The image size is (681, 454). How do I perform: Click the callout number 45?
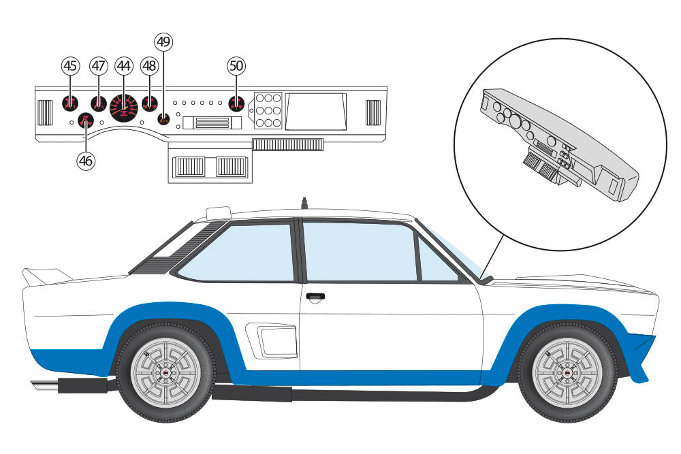(x=70, y=65)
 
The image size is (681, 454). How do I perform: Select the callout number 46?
(x=85, y=161)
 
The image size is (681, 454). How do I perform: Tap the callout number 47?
(x=99, y=65)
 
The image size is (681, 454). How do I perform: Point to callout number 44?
(x=123, y=65)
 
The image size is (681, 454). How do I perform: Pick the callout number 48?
(x=149, y=65)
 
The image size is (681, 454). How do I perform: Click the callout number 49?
(x=163, y=42)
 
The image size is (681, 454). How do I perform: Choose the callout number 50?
(x=236, y=65)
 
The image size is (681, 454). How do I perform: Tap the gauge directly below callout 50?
(x=236, y=104)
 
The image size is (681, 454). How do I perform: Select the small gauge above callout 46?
(x=85, y=121)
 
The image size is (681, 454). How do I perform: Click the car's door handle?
(x=315, y=297)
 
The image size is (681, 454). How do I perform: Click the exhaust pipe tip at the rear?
(x=43, y=386)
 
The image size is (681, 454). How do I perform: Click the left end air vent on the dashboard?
(x=45, y=112)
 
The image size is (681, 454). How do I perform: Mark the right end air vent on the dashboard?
(x=373, y=112)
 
